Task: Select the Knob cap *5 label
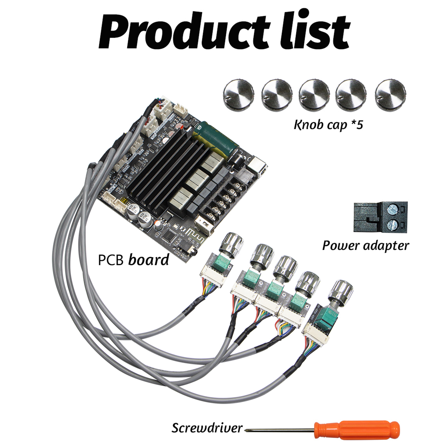point(328,125)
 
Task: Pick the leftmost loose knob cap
point(239,94)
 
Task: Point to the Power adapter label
point(365,246)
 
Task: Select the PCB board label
point(133,260)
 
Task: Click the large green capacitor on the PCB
point(218,137)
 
